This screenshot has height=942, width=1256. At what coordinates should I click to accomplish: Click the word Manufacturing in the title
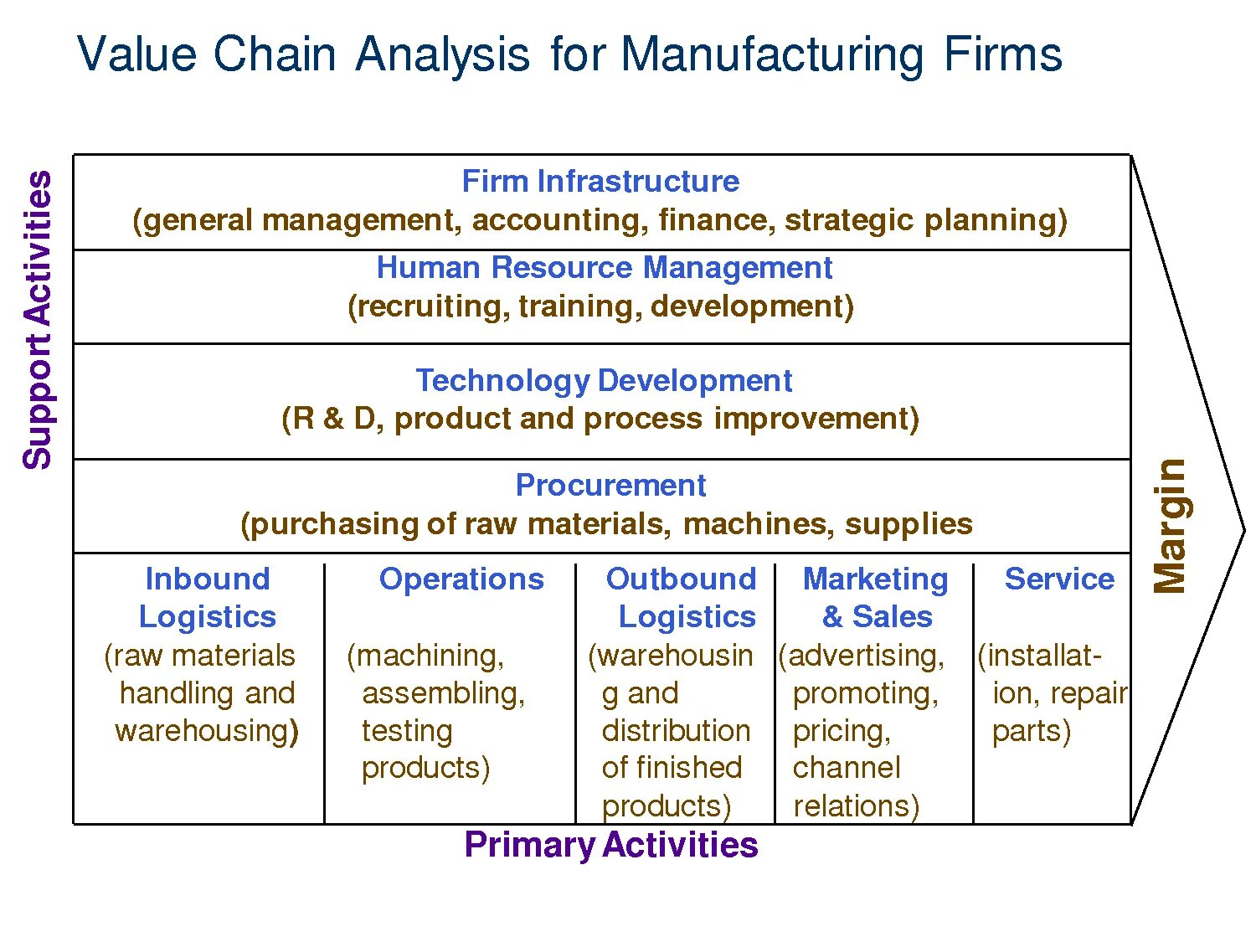[772, 55]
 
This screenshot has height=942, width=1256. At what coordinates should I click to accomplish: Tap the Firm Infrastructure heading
[600, 182]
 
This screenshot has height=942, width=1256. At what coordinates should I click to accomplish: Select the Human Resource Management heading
[604, 268]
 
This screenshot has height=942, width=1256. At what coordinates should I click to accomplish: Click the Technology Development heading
[604, 381]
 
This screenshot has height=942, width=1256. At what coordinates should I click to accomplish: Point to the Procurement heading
[610, 486]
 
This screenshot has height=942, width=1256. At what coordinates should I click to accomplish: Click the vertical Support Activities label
[38, 320]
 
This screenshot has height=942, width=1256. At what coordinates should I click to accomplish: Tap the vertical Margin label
[1171, 526]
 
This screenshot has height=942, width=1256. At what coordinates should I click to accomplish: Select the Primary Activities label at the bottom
[610, 845]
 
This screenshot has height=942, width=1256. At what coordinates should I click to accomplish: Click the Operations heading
[461, 579]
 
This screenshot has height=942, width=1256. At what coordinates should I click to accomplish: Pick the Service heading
[1059, 579]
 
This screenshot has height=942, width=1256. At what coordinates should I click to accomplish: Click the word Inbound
[208, 579]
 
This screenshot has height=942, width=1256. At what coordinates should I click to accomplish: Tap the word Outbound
[681, 579]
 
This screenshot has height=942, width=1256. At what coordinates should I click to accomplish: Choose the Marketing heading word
[875, 579]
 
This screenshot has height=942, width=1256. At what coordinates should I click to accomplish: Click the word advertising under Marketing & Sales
[866, 656]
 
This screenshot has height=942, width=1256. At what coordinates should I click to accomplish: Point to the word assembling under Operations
[443, 694]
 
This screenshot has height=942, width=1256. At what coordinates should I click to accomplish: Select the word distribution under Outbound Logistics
[676, 731]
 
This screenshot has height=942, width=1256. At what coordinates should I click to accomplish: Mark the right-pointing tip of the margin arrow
[1243, 530]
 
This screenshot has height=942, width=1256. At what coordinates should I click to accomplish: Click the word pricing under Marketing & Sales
[841, 732]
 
